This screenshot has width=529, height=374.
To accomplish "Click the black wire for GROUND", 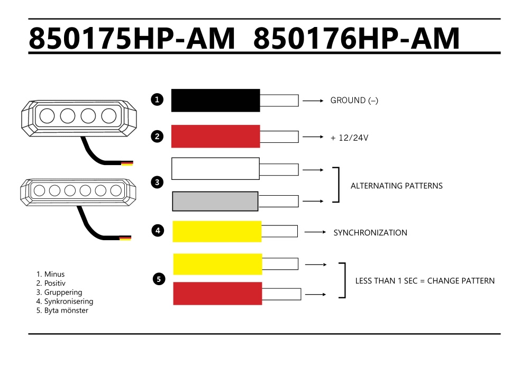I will pyautogui.click(x=215, y=100).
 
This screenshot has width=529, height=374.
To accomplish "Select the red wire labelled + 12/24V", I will pyautogui.click(x=215, y=136).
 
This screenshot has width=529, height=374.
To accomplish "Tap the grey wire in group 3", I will pyautogui.click(x=215, y=201).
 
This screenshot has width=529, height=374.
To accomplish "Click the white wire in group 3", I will pyautogui.click(x=215, y=169).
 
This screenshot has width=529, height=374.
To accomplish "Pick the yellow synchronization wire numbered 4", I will pyautogui.click(x=217, y=231).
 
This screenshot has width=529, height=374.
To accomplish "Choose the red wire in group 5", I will pyautogui.click(x=217, y=293).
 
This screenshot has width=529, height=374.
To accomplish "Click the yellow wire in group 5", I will pyautogui.click(x=217, y=264).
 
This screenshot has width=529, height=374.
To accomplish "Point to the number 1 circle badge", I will pyautogui.click(x=157, y=99).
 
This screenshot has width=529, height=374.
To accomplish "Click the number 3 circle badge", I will pyautogui.click(x=157, y=183).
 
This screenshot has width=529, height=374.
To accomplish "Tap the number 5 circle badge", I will pyautogui.click(x=159, y=279).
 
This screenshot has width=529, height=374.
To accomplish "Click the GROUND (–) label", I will pyautogui.click(x=354, y=101).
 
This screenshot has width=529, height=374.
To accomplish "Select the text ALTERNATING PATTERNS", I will pyautogui.click(x=396, y=186).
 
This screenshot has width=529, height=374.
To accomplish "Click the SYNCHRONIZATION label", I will pyautogui.click(x=370, y=233).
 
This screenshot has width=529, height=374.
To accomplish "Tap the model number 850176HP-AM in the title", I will pyautogui.click(x=357, y=39).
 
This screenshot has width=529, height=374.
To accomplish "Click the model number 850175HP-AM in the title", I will pyautogui.click(x=132, y=39).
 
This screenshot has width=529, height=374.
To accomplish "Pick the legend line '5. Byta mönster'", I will pyautogui.click(x=62, y=311).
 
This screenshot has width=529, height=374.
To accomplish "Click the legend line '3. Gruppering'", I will pyautogui.click(x=59, y=293).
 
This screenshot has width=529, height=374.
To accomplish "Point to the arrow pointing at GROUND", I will pyautogui.click(x=313, y=100).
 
